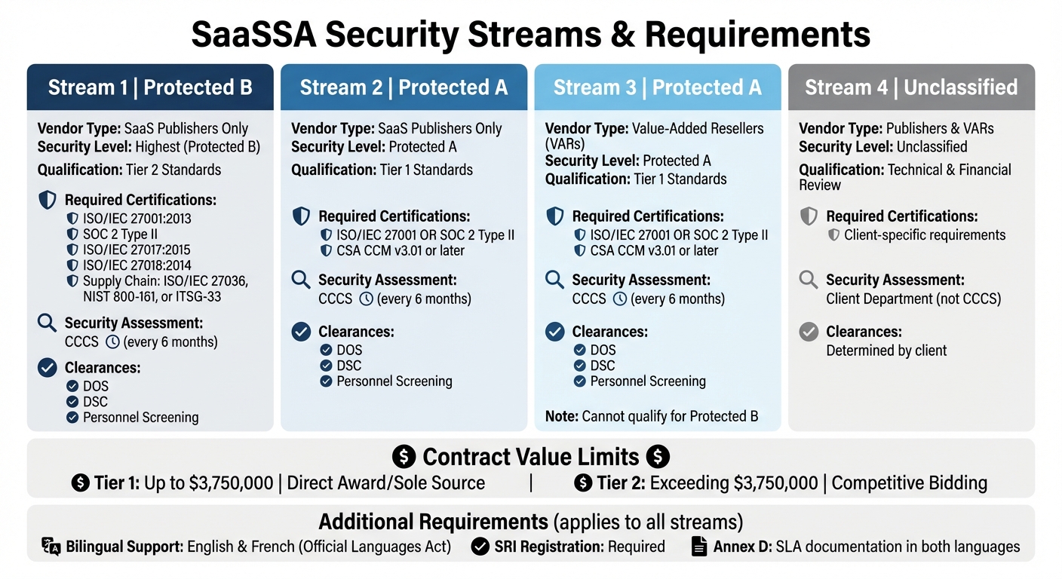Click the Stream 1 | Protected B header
150,87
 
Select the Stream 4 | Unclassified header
911,87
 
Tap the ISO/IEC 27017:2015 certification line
137,250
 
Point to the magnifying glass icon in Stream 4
809,280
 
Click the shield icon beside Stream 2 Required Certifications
301,217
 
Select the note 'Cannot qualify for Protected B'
652,415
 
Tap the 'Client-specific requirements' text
925,235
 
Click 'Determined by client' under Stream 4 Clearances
886,351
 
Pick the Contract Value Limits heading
531,457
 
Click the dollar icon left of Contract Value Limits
404,457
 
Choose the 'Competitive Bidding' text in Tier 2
909,482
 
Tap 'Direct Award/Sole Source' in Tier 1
386,482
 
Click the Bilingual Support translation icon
51,547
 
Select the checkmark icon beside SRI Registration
480,547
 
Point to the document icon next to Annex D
699,547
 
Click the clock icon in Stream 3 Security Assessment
620,299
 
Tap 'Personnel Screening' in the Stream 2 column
394,381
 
